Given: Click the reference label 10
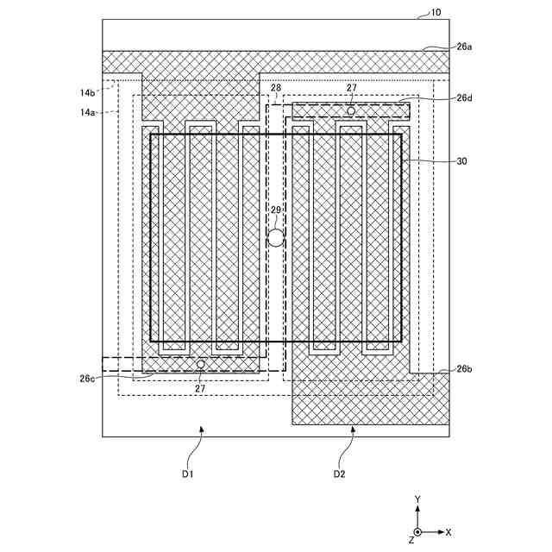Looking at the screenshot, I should point(435,13).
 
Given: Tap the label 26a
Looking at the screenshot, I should point(464,47).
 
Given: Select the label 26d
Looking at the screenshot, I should point(464,98).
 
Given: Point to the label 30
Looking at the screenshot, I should point(461,161).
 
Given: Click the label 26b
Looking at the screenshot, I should point(464,369).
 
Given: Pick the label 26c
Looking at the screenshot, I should point(87,378).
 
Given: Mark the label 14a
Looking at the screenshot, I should point(88,112).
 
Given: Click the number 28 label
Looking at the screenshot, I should point(275,89).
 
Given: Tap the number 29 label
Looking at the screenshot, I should point(276,210).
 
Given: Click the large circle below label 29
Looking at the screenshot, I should point(275,238).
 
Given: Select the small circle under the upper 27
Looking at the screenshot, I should point(351,110).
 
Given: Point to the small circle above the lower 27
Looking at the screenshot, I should point(201,365).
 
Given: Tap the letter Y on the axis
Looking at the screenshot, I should point(417,500).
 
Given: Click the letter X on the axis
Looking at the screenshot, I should point(448,532).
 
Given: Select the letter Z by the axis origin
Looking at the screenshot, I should point(411,541).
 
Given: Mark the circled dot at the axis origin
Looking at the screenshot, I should point(418,532).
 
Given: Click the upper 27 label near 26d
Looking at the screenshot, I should point(352,88).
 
